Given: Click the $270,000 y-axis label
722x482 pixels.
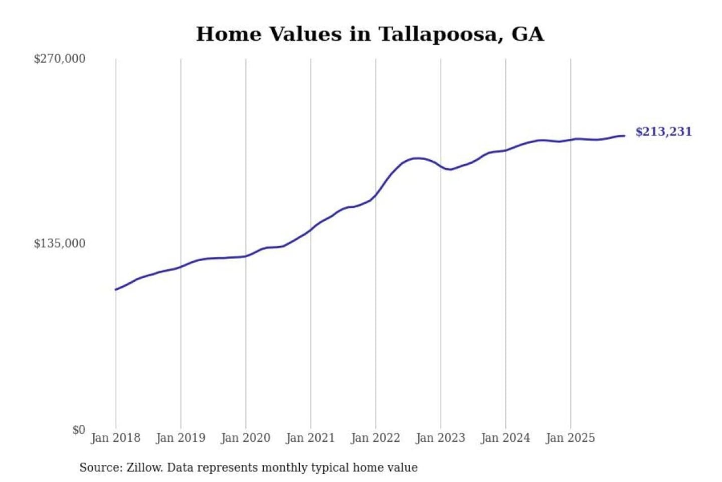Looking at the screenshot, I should pyautogui.click(x=59, y=59).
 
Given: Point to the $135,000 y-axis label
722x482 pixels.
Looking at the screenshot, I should pyautogui.click(x=59, y=244).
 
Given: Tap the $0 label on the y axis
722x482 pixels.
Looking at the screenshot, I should pyautogui.click(x=79, y=430).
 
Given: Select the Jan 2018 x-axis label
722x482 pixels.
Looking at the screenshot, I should pyautogui.click(x=115, y=438).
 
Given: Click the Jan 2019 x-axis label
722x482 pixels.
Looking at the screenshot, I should pyautogui.click(x=180, y=438).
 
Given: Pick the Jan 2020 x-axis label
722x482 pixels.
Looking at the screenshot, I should pyautogui.click(x=245, y=438).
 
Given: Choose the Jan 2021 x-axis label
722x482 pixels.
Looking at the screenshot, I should pyautogui.click(x=310, y=438).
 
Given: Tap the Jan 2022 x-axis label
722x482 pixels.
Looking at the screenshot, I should pyautogui.click(x=375, y=438).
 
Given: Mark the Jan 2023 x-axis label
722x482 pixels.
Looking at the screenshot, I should pyautogui.click(x=440, y=438).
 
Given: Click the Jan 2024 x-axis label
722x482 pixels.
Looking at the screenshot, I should pyautogui.click(x=505, y=438).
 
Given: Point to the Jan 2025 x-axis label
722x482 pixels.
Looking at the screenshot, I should pyautogui.click(x=570, y=438).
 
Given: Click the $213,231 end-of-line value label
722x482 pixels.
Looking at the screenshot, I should pyautogui.click(x=663, y=132).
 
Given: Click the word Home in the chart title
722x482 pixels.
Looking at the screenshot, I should pyautogui.click(x=229, y=34).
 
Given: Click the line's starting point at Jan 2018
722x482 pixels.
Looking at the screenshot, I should pyautogui.click(x=116, y=290).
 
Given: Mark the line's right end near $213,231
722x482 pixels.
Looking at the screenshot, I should pyautogui.click(x=624, y=136).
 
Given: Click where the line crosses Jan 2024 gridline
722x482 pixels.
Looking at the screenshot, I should pyautogui.click(x=505, y=150).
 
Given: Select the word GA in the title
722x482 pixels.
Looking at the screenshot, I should pyautogui.click(x=527, y=34).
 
